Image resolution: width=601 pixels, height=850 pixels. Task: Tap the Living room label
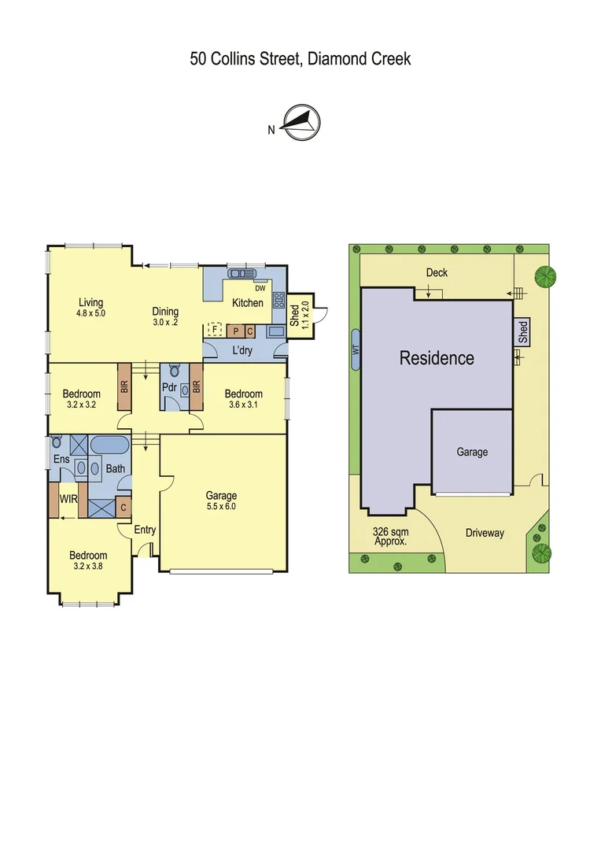coord(90,302)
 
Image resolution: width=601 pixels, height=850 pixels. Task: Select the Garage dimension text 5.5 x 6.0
coord(221,507)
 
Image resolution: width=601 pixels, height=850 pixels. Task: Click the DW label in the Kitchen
coord(259,288)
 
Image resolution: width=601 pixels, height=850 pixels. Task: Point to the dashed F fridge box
coord(212,329)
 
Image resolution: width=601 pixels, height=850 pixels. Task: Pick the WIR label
coord(68,498)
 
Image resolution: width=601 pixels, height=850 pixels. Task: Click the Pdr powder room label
coord(168,387)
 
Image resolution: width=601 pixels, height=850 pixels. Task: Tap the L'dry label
coord(242,350)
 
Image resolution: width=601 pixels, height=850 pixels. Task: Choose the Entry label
coord(145,530)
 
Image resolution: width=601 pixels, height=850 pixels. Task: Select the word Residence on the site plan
coord(437,358)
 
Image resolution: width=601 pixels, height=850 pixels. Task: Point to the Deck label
coord(437,272)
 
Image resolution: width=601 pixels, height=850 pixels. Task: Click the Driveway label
coord(484,533)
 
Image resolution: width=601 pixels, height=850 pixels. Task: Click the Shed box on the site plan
coord(523,332)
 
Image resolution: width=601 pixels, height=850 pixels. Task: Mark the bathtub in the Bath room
coord(109,445)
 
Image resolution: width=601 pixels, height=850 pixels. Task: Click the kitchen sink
coord(237,274)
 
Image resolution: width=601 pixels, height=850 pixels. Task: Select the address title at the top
coord(300,59)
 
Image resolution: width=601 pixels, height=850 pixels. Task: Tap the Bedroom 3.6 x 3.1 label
coord(243,399)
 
